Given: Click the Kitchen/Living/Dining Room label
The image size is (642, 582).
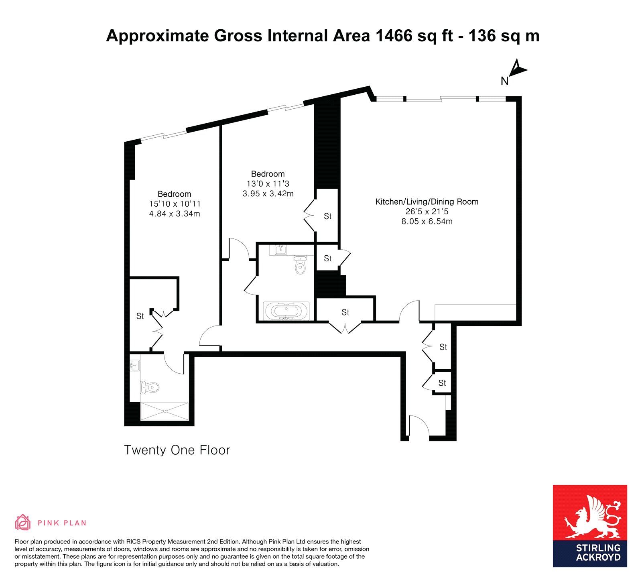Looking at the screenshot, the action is [427, 202].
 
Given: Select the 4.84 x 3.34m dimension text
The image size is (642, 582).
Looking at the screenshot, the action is [175, 214].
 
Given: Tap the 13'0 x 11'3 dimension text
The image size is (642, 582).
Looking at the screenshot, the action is [268, 184].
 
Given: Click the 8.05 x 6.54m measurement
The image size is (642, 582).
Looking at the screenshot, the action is [427, 221].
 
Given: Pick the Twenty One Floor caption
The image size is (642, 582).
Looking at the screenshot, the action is [177, 450].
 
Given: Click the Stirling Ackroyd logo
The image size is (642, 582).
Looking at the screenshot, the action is [590, 526].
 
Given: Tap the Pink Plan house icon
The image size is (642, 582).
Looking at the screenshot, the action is [23, 522].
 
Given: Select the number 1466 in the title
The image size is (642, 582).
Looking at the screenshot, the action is [394, 36].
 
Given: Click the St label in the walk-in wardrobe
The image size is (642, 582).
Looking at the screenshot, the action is [140, 316].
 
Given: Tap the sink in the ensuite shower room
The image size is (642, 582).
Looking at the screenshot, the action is [135, 365].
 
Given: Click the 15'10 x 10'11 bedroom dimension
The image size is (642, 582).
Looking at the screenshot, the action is [175, 204].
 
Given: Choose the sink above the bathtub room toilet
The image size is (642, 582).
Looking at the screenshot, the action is [280, 250].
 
